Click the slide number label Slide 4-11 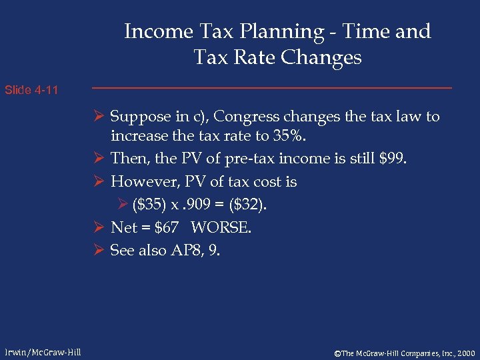click(31, 90)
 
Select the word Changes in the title click(321, 58)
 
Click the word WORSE click(221, 227)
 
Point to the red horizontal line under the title click(271, 88)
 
